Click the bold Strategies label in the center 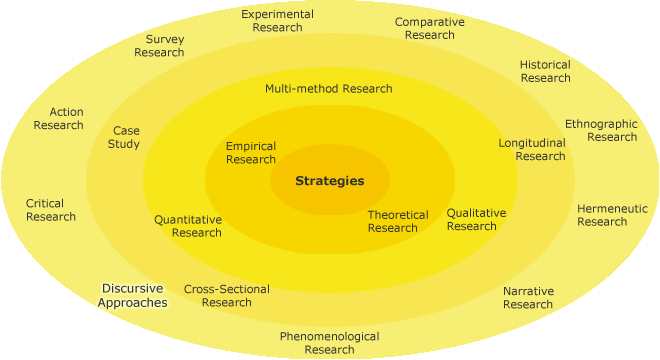(329, 181)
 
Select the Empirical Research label (251, 153)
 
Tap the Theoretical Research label (397, 221)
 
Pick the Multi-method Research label (328, 88)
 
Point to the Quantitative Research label (188, 226)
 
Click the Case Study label (125, 137)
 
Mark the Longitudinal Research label (533, 149)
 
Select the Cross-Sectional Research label (226, 295)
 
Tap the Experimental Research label (277, 21)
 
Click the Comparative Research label (429, 28)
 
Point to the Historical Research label (545, 71)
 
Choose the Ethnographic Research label (601, 130)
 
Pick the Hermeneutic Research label (612, 215)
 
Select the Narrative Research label (528, 297)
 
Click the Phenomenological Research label (329, 343)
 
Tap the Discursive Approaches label (133, 295)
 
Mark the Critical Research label (50, 210)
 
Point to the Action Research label (58, 118)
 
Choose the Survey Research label (159, 46)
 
